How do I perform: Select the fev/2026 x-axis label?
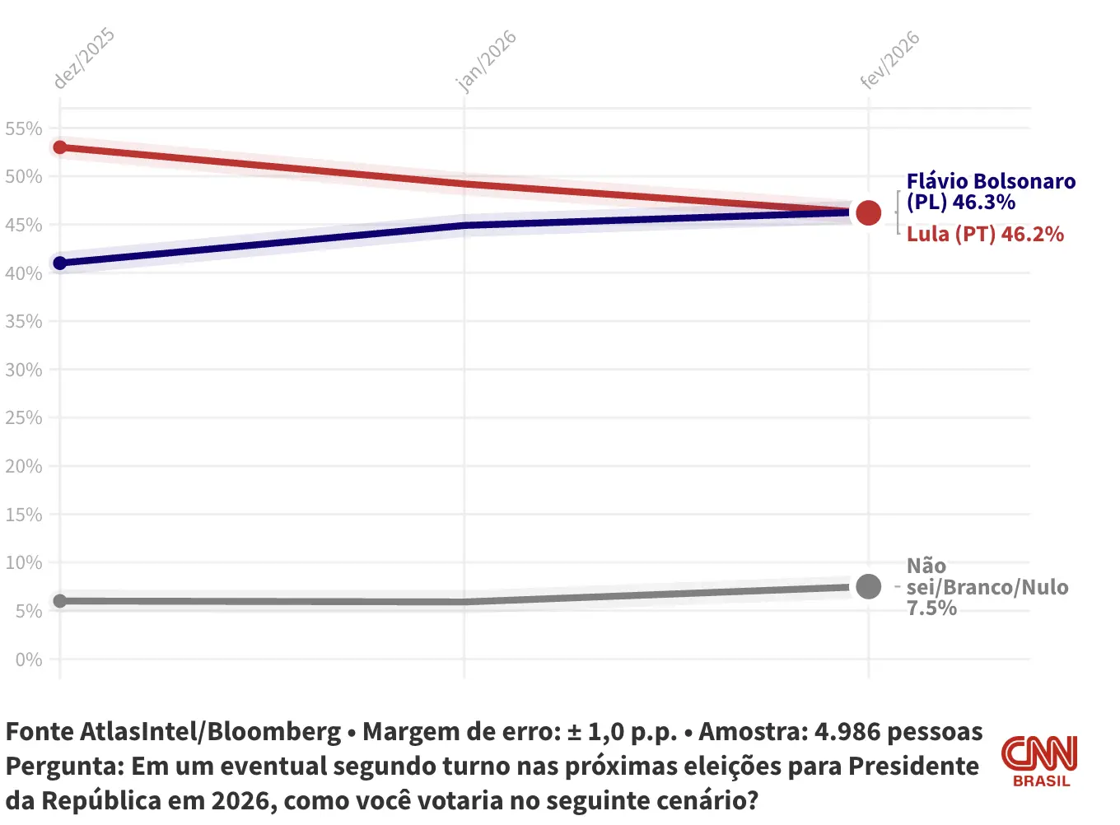(x=889, y=60)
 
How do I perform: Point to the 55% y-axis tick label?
(x=23, y=128)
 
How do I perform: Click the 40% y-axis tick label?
(x=23, y=273)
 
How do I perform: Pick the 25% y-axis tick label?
(x=23, y=417)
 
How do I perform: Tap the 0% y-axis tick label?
(x=28, y=660)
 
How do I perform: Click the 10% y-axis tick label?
(x=23, y=563)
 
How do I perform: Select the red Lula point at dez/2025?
(x=59, y=147)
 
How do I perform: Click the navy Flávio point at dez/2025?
(x=59, y=263)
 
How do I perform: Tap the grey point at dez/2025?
(x=59, y=601)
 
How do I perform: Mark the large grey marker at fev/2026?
(x=868, y=587)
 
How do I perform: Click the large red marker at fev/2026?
(x=868, y=212)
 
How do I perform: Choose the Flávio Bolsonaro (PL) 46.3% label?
(x=990, y=192)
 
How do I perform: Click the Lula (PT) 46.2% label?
(x=985, y=235)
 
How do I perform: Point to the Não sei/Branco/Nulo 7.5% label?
(x=987, y=587)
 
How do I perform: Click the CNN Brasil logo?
(x=1040, y=761)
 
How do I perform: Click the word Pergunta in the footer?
(x=64, y=767)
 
